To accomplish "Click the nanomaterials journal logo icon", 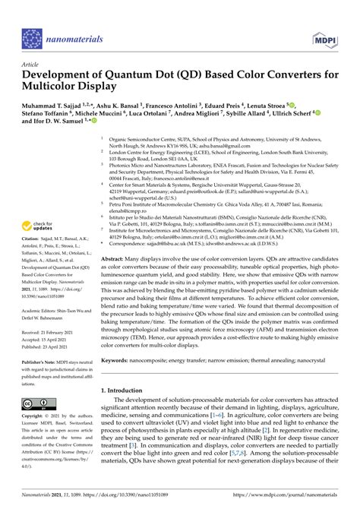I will click(x=32, y=37).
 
